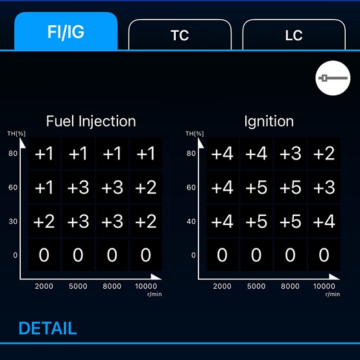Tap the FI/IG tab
(66, 31)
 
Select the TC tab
(180, 34)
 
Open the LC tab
(294, 34)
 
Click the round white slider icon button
(333, 78)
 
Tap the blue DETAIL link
(47, 328)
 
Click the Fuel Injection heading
(91, 121)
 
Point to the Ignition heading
(269, 121)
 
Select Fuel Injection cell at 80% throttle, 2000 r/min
(44, 153)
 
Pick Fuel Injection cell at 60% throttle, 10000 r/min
(146, 187)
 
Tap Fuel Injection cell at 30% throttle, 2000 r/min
(44, 221)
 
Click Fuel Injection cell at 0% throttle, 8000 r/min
(112, 255)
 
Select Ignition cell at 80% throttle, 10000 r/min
(324, 153)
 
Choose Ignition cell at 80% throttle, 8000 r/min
(290, 153)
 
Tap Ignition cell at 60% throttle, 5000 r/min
(256, 187)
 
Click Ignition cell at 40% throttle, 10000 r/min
(324, 221)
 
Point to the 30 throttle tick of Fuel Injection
(13, 221)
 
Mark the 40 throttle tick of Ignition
(191, 221)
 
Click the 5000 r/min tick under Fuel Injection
(78, 286)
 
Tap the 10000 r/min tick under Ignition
(324, 286)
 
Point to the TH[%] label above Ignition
(195, 134)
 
